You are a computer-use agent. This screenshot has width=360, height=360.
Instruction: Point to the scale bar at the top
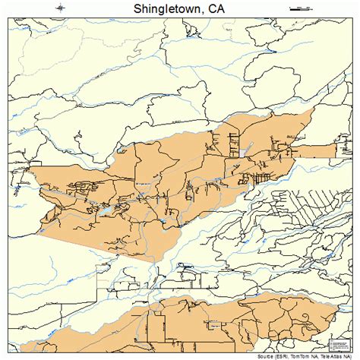[302, 9]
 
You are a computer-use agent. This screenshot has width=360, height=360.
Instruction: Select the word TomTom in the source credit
[297, 355]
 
